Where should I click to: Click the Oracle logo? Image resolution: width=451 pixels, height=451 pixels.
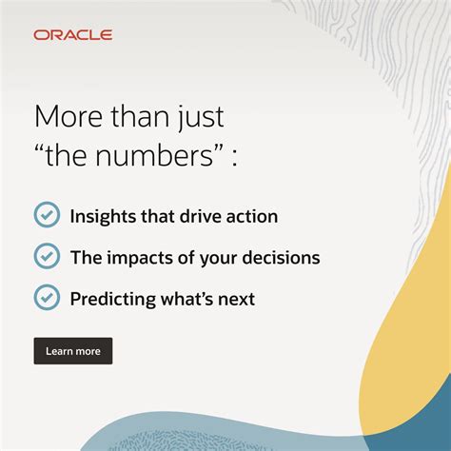(x=72, y=35)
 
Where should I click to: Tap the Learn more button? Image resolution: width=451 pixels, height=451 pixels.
(x=73, y=351)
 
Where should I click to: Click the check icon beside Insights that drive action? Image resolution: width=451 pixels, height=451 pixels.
(x=47, y=215)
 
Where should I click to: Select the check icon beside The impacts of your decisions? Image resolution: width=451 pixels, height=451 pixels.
(x=47, y=256)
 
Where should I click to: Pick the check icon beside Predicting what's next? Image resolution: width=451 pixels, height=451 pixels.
(x=47, y=298)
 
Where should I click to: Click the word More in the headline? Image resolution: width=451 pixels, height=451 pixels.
(x=64, y=117)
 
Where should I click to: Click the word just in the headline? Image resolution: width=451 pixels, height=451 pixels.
(x=202, y=117)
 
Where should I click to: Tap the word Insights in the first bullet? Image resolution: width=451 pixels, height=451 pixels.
(x=101, y=216)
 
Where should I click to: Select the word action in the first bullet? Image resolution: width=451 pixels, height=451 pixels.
(x=250, y=216)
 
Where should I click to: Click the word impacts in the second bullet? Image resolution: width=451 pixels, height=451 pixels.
(x=137, y=257)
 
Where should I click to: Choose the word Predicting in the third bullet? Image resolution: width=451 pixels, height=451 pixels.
(x=110, y=299)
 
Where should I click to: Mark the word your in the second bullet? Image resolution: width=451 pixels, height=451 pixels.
(x=220, y=258)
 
